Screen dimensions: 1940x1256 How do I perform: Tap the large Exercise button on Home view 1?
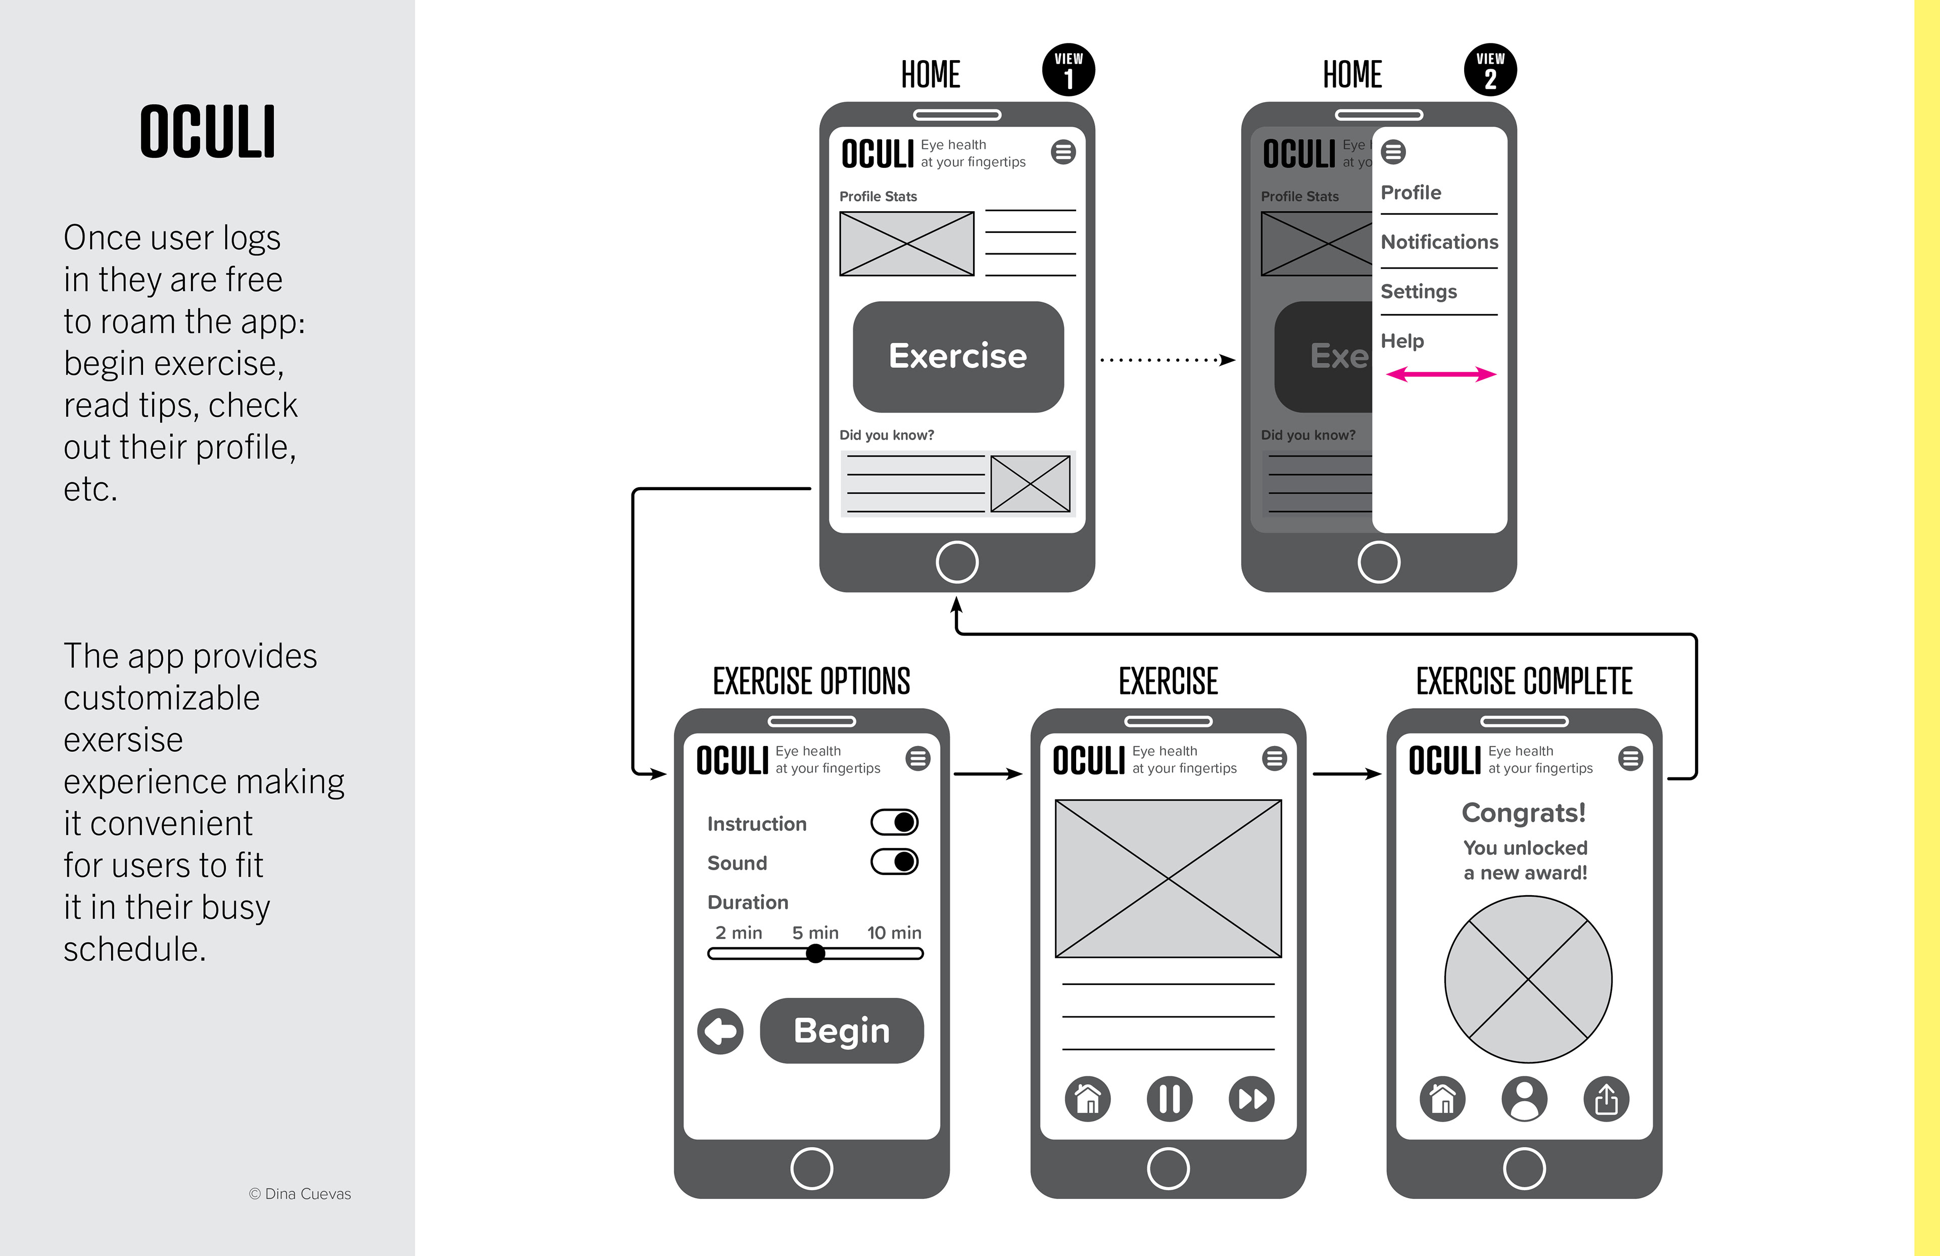(x=958, y=356)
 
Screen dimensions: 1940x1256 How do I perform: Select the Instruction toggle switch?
(x=894, y=822)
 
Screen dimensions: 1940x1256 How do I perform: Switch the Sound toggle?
(x=894, y=861)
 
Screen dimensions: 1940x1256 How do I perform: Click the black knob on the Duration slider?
(x=815, y=953)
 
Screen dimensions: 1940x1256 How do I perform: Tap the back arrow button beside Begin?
(x=720, y=1031)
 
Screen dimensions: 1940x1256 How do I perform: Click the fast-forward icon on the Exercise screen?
(x=1251, y=1099)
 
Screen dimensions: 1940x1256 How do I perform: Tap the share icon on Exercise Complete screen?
(x=1606, y=1099)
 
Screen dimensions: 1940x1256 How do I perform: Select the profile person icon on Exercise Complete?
(x=1524, y=1099)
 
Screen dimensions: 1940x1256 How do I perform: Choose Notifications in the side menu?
(x=1439, y=242)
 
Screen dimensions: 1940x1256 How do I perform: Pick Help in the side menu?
(x=1402, y=341)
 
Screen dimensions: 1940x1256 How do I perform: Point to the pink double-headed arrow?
(x=1441, y=375)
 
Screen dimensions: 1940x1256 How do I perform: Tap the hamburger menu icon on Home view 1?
(x=1063, y=153)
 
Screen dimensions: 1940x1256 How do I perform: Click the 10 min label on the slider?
(x=894, y=932)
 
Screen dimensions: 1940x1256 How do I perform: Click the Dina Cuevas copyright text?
(x=300, y=1193)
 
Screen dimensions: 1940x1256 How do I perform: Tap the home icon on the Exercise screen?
(x=1087, y=1099)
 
